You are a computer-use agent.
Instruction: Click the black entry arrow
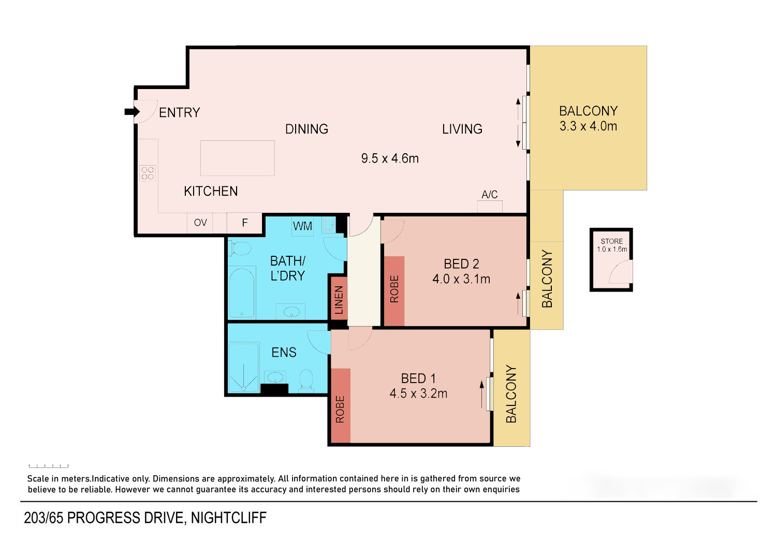pos(132,112)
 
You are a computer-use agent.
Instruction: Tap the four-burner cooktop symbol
pos(148,173)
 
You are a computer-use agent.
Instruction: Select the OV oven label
pos(200,222)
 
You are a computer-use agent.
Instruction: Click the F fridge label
pos(245,222)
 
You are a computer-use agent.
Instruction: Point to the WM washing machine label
pos(302,226)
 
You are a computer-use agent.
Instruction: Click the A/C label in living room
pos(489,194)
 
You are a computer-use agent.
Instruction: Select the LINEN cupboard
pos(339,299)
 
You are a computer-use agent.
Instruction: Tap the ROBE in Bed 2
pos(394,291)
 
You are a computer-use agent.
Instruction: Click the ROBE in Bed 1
pos(340,405)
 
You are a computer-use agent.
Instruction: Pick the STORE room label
pos(612,241)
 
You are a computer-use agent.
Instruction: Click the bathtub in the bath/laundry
pos(242,293)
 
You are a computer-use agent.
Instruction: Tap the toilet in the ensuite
pos(306,381)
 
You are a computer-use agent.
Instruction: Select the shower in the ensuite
pos(244,367)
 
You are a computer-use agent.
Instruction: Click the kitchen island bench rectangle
pos(238,158)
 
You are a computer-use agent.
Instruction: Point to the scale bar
pos(49,466)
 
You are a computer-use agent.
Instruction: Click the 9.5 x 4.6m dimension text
pos(390,158)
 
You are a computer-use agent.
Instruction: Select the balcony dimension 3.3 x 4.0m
pos(588,126)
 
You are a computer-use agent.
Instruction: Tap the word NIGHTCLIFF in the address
pos(229,518)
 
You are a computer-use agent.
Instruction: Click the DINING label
pos(306,129)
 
